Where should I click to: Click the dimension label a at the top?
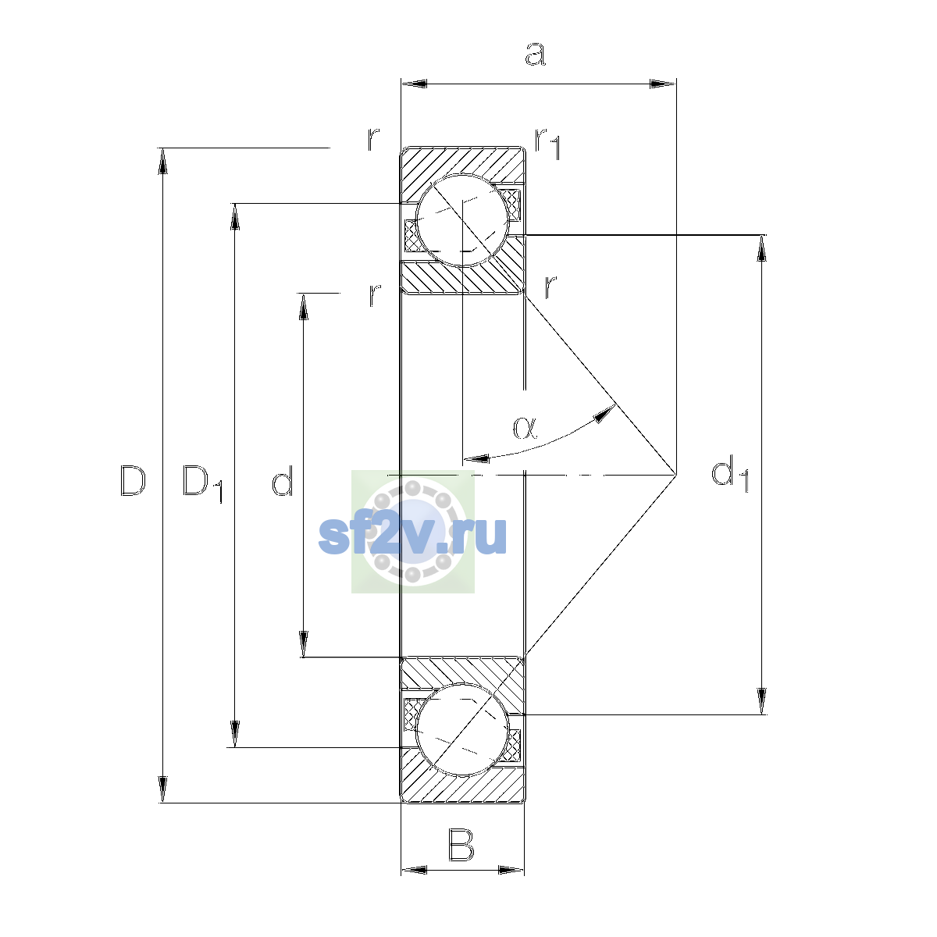click(536, 54)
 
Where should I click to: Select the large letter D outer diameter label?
click(133, 480)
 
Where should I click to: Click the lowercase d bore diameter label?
click(282, 480)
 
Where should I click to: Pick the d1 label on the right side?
click(730, 474)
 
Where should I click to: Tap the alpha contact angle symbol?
click(526, 428)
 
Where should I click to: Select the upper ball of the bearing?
click(462, 220)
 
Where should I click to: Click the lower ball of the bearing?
click(462, 729)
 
